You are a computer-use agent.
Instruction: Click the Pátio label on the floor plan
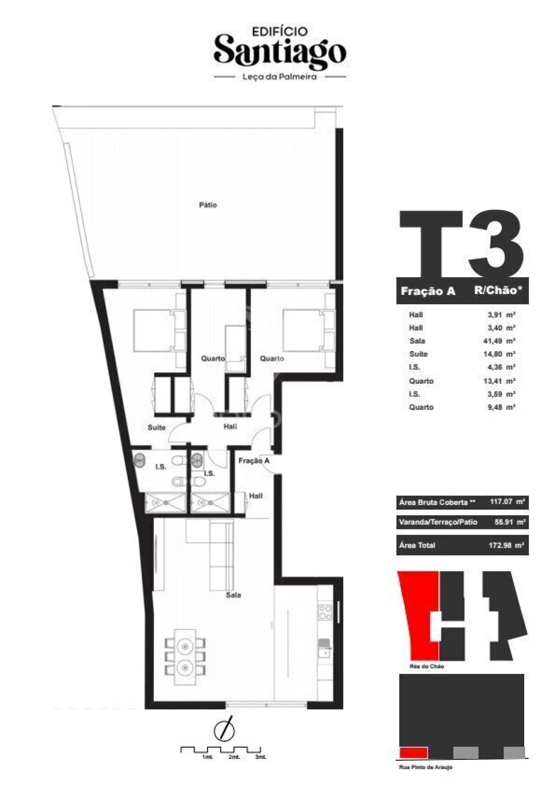coord(208,205)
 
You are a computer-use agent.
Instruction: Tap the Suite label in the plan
coord(157,427)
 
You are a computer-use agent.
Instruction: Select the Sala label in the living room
coord(233,595)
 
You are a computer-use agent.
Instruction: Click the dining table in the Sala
coord(185,657)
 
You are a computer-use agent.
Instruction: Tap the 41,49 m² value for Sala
coord(499,341)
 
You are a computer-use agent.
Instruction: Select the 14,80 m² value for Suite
coord(499,354)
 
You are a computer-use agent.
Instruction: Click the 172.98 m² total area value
coord(506,545)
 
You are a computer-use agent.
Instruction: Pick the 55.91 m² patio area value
coord(510,522)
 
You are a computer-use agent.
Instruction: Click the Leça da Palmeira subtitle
coord(280,77)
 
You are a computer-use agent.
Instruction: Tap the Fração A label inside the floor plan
coord(254,460)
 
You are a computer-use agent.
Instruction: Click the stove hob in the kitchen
coord(325,612)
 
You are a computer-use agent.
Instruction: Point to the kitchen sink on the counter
coord(324,648)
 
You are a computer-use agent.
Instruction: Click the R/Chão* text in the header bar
coord(501,290)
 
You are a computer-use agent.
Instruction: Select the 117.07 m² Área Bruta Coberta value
coord(508,502)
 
